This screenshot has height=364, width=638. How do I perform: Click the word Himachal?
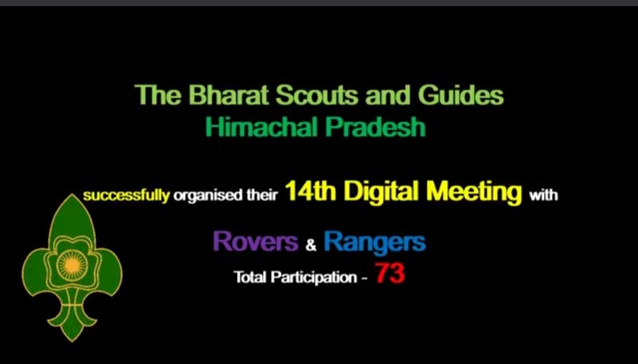click(258, 127)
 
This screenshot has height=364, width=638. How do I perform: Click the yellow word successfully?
click(126, 195)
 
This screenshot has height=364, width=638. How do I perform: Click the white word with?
click(543, 194)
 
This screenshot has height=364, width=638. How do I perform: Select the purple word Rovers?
click(255, 241)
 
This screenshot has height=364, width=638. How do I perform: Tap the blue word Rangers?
click(374, 242)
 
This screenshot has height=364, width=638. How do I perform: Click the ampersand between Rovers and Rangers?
click(311, 245)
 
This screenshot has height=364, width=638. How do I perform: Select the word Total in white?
click(251, 277)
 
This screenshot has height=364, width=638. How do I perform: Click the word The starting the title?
click(154, 95)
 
